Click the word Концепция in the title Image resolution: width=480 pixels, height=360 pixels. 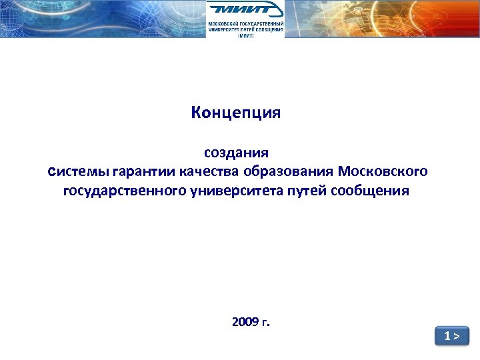(235, 113)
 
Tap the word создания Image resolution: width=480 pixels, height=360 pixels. (236, 154)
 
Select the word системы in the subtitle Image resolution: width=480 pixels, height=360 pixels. (79, 172)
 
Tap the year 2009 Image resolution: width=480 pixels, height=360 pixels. (245, 323)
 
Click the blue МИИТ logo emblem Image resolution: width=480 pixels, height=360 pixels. (245, 10)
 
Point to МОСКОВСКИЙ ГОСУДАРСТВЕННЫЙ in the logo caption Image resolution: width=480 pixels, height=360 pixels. (245, 23)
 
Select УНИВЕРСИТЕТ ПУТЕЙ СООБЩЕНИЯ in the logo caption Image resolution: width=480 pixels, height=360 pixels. (245, 29)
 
